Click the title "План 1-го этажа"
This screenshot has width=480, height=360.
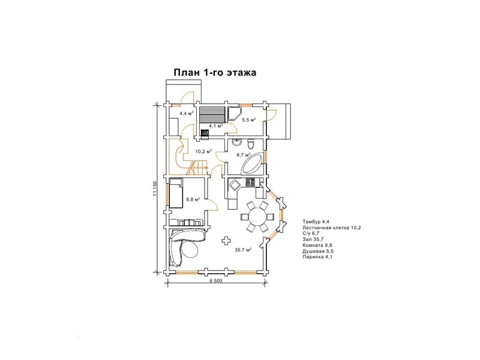tap(215, 73)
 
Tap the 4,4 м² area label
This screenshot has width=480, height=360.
tap(187, 113)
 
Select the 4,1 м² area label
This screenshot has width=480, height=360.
tap(216, 125)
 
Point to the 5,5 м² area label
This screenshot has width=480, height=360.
tap(249, 119)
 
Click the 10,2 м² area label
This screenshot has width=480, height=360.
tap(204, 151)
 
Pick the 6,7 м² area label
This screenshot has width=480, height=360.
tap(244, 155)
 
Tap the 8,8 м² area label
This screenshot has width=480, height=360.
tap(193, 200)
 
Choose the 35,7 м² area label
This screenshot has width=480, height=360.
tap(243, 250)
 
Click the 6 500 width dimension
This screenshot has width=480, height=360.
tap(216, 281)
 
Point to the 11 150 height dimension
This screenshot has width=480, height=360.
tap(155, 188)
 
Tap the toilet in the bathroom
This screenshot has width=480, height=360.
tap(251, 143)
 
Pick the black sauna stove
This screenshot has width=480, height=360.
tap(205, 133)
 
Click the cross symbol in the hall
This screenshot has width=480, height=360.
tap(226, 241)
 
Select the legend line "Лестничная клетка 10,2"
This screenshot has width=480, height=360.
tap(332, 227)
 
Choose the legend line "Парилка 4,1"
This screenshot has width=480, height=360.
tap(317, 257)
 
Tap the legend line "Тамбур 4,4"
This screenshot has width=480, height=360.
tap(316, 221)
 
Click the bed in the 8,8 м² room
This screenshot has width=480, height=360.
tap(176, 193)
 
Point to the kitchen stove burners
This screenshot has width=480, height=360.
tap(250, 182)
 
